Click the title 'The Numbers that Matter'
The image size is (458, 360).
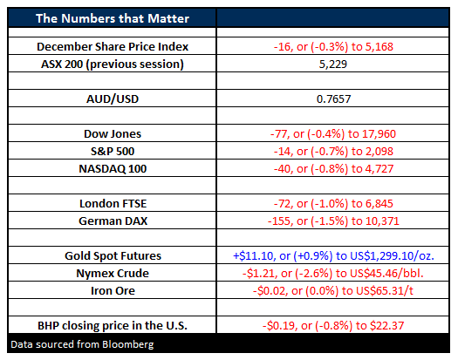(x=113, y=18)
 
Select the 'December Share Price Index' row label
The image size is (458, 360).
(x=113, y=47)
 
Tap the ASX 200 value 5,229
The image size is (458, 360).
(x=333, y=65)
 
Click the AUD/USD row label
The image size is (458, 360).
(x=113, y=99)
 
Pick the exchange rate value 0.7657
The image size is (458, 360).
(x=333, y=99)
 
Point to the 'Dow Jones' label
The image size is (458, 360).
(x=113, y=133)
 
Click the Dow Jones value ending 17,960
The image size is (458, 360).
(x=333, y=133)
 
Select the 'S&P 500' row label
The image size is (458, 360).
(x=113, y=152)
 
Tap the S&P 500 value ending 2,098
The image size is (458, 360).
(x=333, y=152)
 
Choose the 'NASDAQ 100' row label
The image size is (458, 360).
(x=113, y=169)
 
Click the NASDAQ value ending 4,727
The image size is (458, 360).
(x=333, y=169)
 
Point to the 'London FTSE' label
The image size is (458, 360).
(x=113, y=203)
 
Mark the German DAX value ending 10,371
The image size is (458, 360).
(x=333, y=221)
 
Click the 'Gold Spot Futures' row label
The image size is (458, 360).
(x=113, y=255)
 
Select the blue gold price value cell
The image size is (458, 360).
(x=333, y=255)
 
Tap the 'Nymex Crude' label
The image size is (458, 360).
(x=113, y=274)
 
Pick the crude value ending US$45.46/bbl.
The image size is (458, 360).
(x=333, y=274)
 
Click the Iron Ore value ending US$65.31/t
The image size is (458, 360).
(x=333, y=291)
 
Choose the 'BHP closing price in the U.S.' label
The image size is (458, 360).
(x=113, y=325)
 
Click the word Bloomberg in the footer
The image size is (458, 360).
(x=128, y=345)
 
